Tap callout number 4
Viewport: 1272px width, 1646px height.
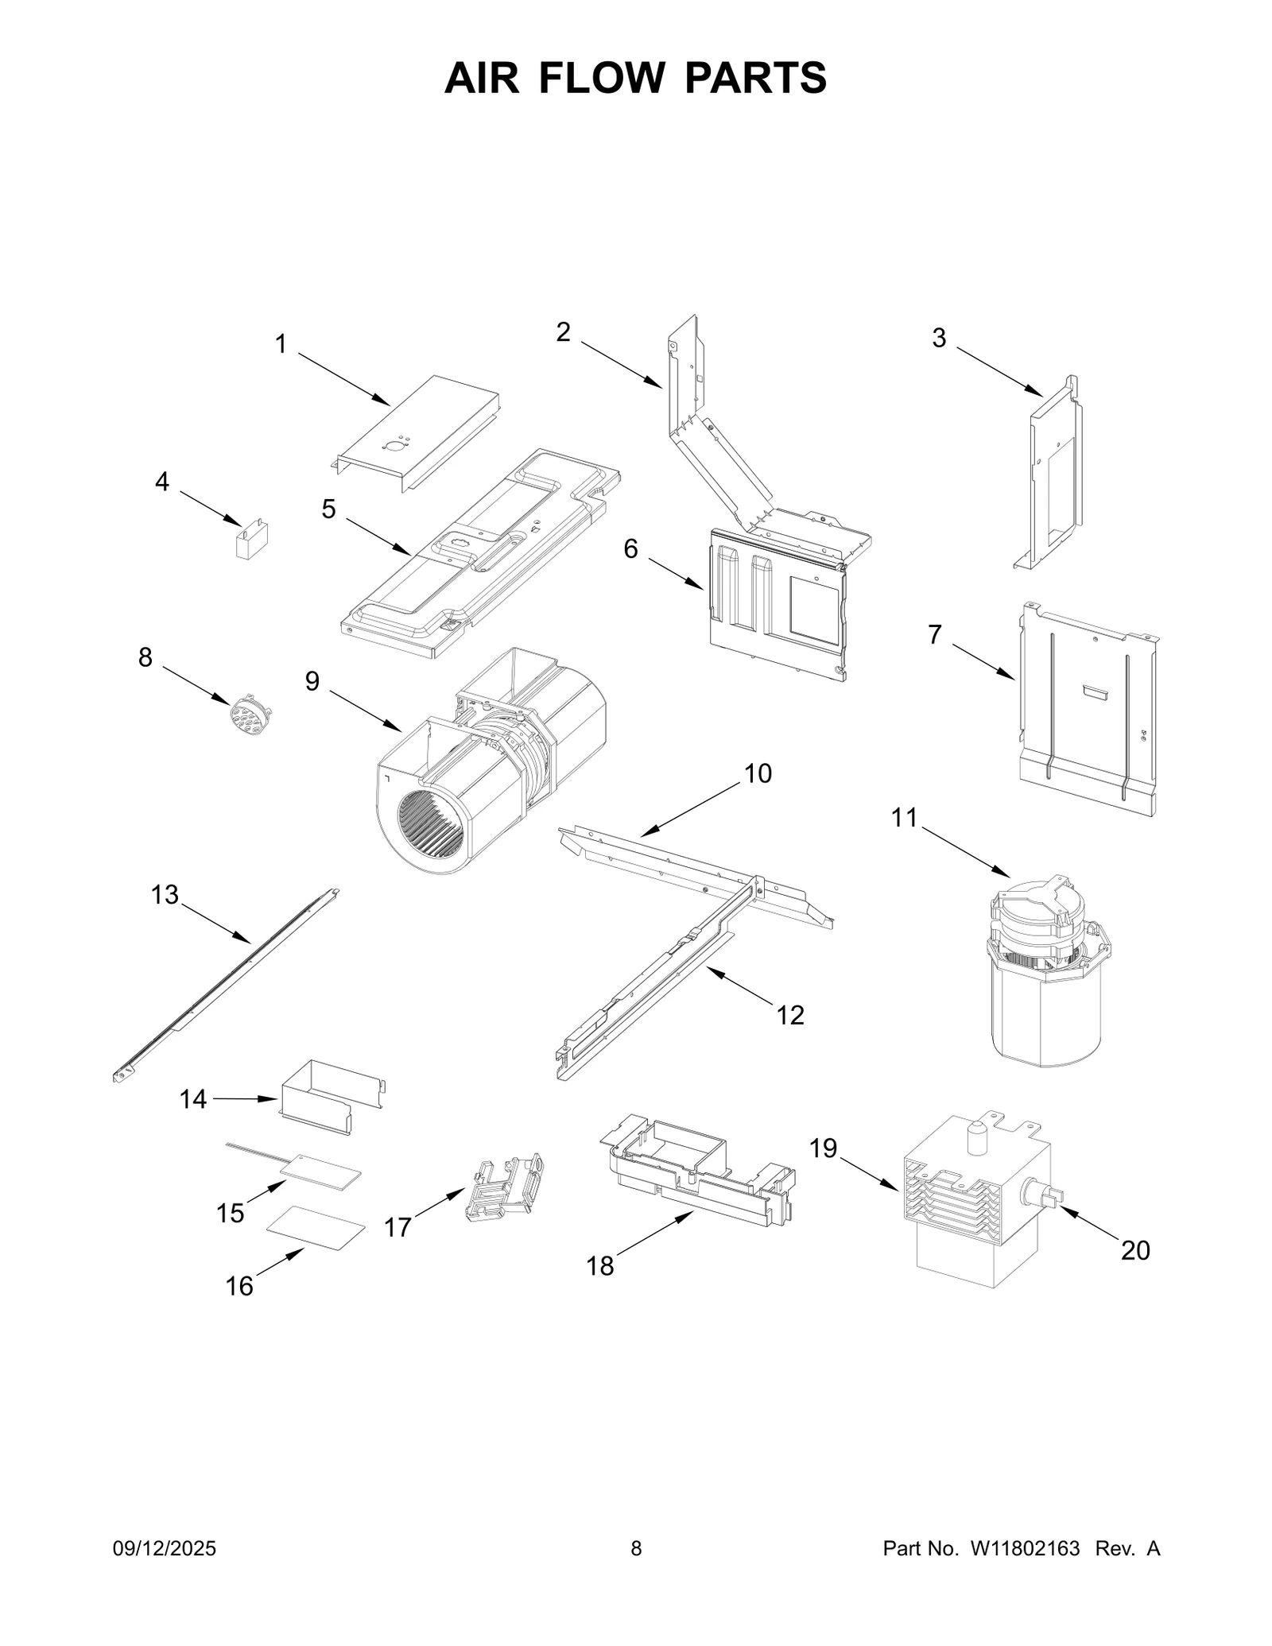coord(162,482)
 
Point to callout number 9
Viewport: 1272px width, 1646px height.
coord(312,681)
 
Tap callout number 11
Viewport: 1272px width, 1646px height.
coord(904,818)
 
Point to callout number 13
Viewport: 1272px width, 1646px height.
coord(165,895)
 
